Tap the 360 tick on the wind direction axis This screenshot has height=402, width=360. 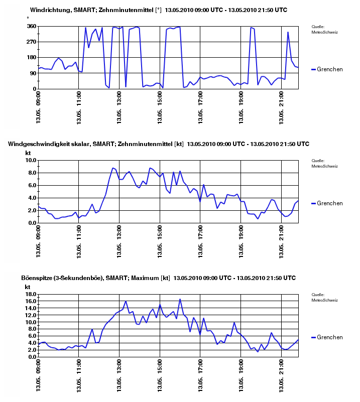(31, 26)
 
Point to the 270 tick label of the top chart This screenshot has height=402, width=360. (31, 42)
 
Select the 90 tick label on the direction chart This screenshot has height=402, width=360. (33, 73)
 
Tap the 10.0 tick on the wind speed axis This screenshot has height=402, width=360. (30, 161)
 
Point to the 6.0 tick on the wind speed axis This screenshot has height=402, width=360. (32, 186)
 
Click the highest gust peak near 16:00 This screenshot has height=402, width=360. (180, 299)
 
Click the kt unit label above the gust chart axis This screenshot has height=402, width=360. (28, 287)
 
